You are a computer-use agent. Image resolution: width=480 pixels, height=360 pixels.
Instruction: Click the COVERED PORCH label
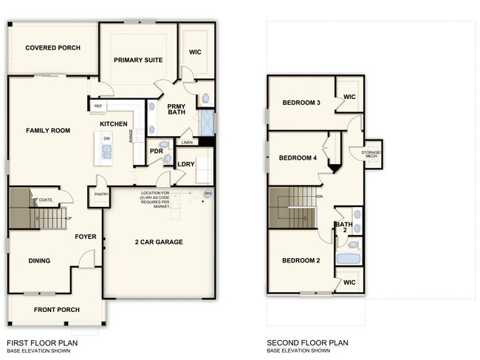point(52,48)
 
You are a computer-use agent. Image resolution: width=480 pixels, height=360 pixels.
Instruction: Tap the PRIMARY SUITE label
point(138,60)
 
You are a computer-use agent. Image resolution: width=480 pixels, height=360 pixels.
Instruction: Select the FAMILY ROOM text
point(48,131)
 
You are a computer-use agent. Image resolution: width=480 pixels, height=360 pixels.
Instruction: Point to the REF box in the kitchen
point(98,106)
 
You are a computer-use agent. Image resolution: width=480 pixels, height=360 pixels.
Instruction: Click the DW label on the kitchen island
point(107,139)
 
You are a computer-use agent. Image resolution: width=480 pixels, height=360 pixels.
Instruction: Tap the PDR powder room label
point(156,151)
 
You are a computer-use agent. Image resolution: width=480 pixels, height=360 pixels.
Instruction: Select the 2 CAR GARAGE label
point(159,242)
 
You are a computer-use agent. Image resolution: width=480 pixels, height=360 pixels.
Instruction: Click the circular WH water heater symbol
point(208,194)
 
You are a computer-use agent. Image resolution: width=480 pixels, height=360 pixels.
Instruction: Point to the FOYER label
point(86,237)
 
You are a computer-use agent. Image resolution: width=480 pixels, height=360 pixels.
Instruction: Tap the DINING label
point(39,260)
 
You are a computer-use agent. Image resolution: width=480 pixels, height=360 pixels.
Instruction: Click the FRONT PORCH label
point(56,310)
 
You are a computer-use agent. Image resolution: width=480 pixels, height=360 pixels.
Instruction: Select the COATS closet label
point(46,199)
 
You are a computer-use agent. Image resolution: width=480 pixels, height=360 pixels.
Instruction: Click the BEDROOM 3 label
point(301,103)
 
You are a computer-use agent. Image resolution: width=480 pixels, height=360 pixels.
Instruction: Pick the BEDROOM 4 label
point(299,158)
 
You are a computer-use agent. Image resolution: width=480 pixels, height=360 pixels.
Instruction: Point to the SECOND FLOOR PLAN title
point(307,343)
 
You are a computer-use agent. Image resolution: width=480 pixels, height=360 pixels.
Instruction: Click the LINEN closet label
point(187,142)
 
